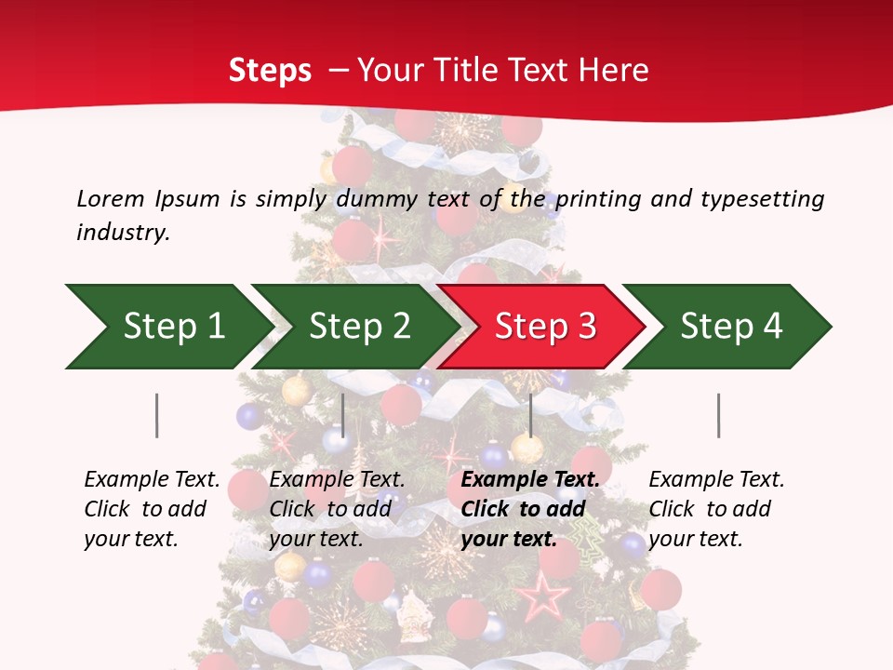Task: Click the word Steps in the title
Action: pyautogui.click(x=270, y=71)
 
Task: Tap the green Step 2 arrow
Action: pyautogui.click(x=353, y=327)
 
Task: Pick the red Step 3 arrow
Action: pyautogui.click(x=540, y=327)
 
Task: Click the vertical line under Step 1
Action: pyautogui.click(x=156, y=415)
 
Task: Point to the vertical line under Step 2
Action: pyautogui.click(x=343, y=415)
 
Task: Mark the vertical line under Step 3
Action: pyautogui.click(x=530, y=415)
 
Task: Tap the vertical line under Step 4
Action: pyautogui.click(x=718, y=415)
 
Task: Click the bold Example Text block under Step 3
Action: pyautogui.click(x=529, y=509)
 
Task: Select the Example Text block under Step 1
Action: pyautogui.click(x=152, y=509)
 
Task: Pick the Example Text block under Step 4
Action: pyautogui.click(x=715, y=509)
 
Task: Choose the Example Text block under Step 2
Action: pyautogui.click(x=337, y=509)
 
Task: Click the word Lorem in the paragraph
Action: pyautogui.click(x=111, y=199)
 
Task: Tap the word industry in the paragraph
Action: pyautogui.click(x=123, y=233)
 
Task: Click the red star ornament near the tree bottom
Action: pyautogui.click(x=542, y=596)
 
